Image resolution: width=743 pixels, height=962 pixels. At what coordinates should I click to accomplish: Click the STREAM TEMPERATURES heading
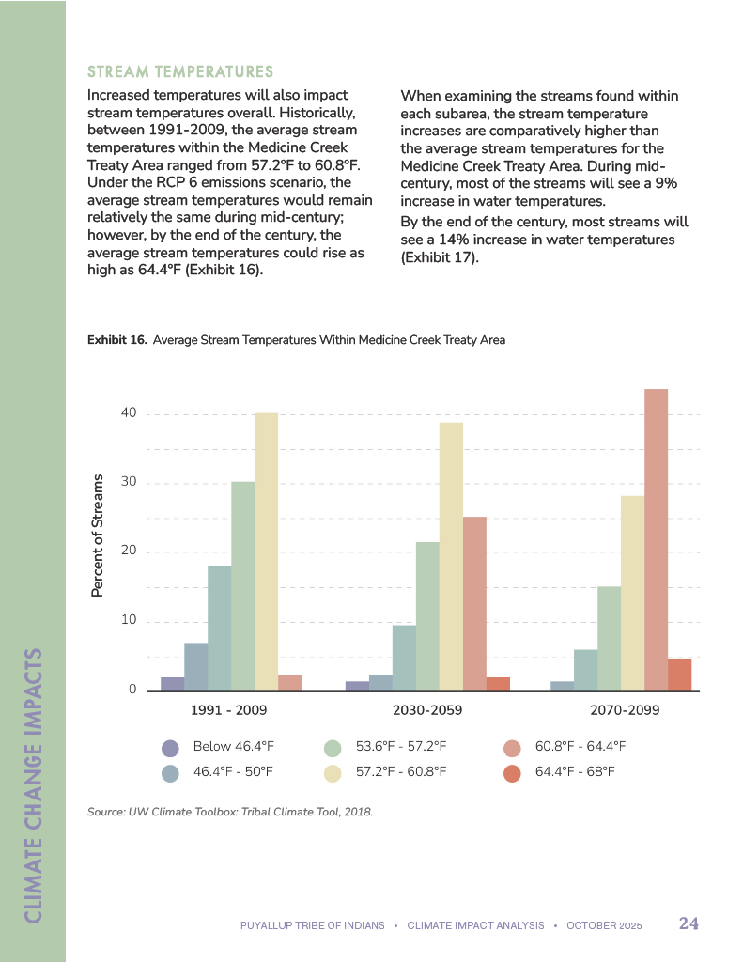click(179, 72)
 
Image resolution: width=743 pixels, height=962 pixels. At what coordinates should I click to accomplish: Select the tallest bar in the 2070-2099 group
click(656, 540)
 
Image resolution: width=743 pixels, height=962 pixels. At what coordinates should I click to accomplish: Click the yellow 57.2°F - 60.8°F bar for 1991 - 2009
click(266, 552)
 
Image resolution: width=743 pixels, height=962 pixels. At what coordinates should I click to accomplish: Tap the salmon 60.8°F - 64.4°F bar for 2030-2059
click(474, 604)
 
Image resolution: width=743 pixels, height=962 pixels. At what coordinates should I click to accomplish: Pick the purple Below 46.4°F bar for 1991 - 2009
click(173, 684)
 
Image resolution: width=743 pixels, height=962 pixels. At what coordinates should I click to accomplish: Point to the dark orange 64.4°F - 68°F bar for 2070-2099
click(679, 675)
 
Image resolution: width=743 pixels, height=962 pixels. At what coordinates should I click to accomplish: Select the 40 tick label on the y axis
click(128, 413)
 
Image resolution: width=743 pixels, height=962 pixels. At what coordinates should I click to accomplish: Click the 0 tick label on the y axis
click(132, 690)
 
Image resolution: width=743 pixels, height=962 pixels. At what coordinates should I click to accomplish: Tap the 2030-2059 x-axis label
click(427, 710)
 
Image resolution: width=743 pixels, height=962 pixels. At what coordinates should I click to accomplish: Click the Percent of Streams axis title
click(97, 535)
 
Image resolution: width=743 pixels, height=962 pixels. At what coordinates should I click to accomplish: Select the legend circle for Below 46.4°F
click(170, 748)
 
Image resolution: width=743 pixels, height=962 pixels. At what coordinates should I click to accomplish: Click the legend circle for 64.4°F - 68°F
click(512, 773)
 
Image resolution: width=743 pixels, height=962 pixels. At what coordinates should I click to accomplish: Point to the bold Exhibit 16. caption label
click(117, 340)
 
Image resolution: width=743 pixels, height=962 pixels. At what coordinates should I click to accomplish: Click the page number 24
click(689, 923)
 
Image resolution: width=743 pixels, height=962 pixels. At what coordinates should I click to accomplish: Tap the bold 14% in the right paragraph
click(455, 240)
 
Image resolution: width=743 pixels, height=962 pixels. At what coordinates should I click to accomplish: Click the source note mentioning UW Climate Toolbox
click(230, 812)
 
